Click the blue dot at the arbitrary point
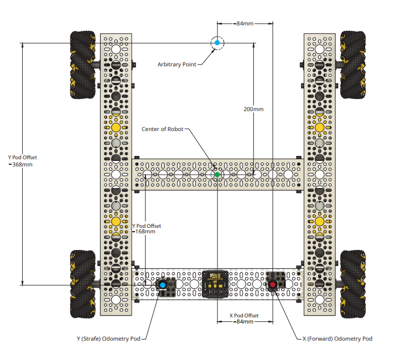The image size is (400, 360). click(x=217, y=43)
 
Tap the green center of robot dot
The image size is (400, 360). click(x=217, y=175)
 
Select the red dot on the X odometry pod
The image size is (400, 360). click(x=273, y=285)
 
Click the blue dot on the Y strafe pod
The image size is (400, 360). click(x=163, y=285)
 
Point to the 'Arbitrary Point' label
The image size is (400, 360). click(x=176, y=65)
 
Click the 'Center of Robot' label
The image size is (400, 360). click(x=163, y=129)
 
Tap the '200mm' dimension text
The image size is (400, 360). click(x=253, y=109)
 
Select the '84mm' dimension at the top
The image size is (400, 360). click(x=245, y=24)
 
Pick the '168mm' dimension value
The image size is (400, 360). click(x=145, y=232)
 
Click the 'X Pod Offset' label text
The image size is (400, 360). click(x=244, y=315)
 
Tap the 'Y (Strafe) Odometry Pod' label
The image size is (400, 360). click(x=108, y=338)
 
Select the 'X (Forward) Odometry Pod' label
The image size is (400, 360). click(x=337, y=338)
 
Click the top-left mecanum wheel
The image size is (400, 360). click(x=84, y=65)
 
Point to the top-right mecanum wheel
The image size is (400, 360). click(x=352, y=65)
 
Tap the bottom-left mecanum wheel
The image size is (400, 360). click(x=84, y=284)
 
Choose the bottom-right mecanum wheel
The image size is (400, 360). click(x=352, y=284)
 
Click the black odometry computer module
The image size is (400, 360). click(x=217, y=284)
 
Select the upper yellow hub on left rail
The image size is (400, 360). click(x=116, y=127)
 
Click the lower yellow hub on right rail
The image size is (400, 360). click(x=319, y=221)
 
